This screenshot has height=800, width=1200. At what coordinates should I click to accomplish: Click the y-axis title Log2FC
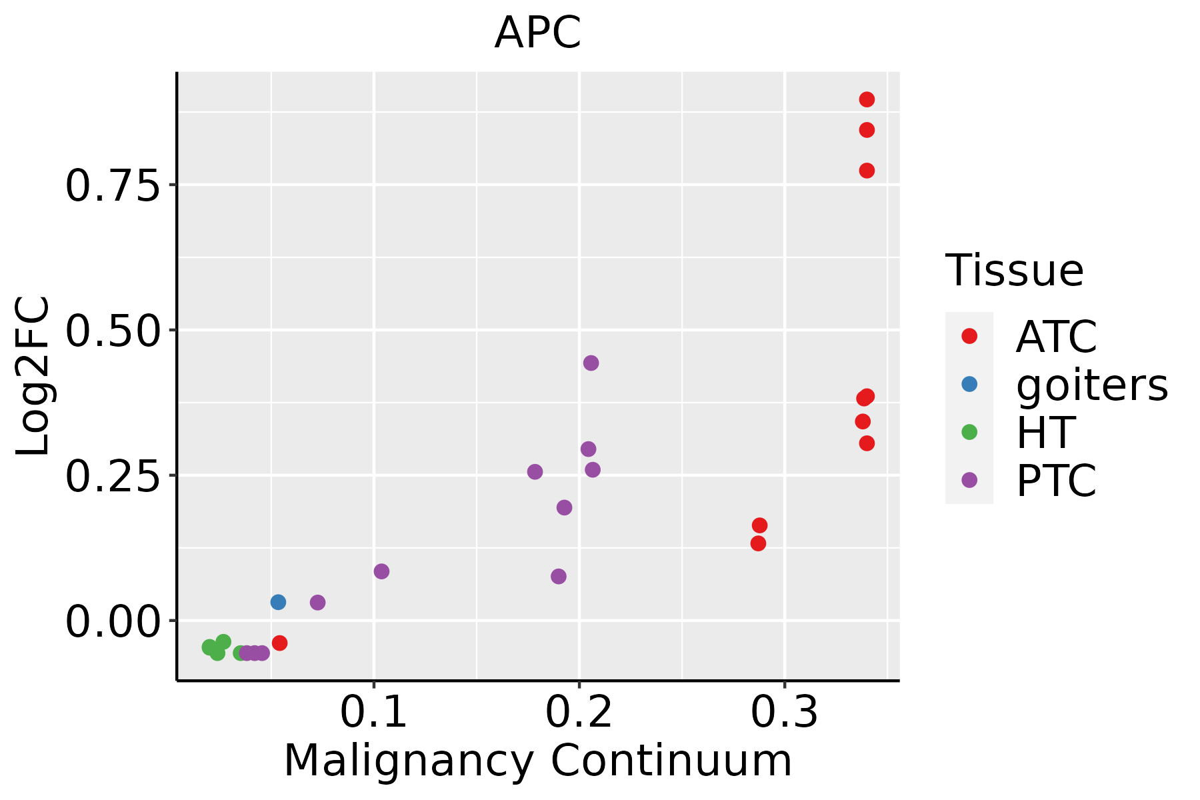pos(33,376)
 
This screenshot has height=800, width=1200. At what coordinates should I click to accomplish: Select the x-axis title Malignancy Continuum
pos(537,761)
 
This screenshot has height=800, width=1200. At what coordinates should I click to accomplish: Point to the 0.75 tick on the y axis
pos(113,186)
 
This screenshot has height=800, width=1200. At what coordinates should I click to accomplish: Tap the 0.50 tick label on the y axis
pos(113,331)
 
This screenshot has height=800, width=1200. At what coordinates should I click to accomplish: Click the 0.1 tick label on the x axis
pos(373,712)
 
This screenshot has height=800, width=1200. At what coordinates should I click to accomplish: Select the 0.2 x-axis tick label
pos(579,712)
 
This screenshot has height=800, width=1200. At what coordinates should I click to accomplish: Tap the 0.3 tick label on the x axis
pos(784,712)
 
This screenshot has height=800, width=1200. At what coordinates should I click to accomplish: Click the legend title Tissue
pos(1014,271)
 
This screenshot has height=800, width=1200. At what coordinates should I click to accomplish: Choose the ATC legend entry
pos(1056,337)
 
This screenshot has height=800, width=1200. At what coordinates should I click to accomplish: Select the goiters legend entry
pos(1091,385)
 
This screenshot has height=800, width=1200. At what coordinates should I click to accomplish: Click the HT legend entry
pos(1045,433)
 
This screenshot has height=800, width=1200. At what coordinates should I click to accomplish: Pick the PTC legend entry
pos(1056,481)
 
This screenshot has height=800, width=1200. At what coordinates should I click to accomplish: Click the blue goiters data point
pos(278,602)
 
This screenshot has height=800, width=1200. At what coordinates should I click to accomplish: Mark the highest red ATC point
pos(867,99)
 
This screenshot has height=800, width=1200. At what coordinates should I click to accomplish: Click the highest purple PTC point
pos(591,363)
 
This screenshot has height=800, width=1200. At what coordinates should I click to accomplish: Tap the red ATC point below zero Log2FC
pos(279,643)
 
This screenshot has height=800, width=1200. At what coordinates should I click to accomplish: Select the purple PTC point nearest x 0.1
pos(381,571)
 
